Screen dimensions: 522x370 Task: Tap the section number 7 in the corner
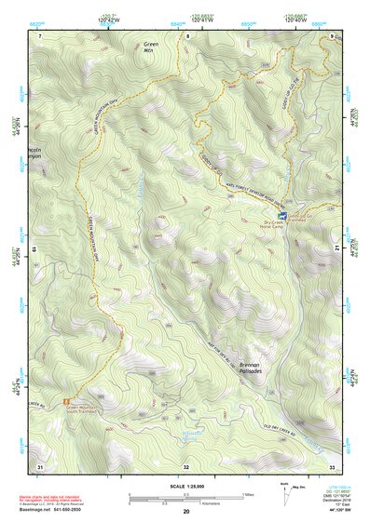click(x=41, y=35)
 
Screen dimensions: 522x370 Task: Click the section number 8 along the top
click(x=186, y=35)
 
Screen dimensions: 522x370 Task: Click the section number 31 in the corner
click(x=40, y=465)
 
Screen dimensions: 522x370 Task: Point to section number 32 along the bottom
click(x=186, y=466)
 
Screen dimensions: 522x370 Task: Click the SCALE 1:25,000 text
click(x=185, y=486)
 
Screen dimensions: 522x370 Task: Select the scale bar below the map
click(x=185, y=498)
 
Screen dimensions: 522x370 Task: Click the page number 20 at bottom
click(x=186, y=512)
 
